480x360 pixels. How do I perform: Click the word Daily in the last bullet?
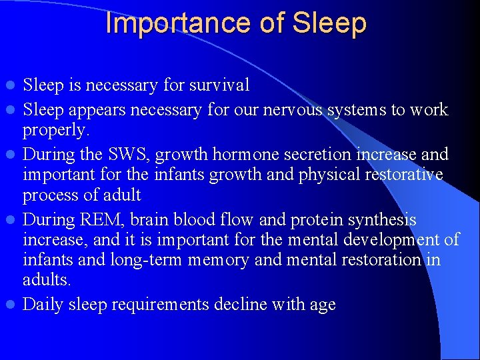click(x=43, y=305)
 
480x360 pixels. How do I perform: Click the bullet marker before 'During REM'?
click(x=11, y=219)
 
